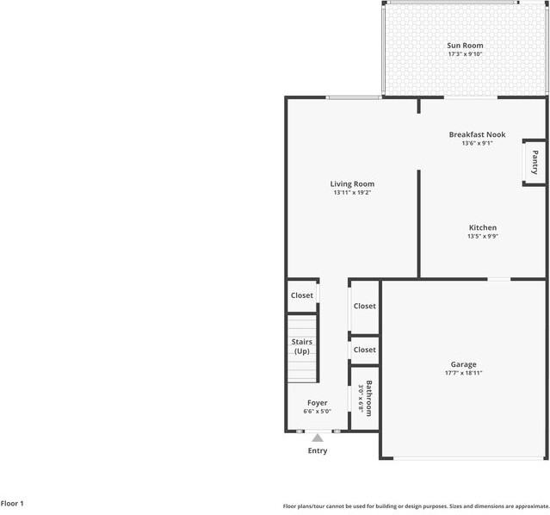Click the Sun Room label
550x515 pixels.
coord(465,46)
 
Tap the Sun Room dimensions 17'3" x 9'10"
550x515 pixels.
coord(465,54)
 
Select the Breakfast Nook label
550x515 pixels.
coord(477,134)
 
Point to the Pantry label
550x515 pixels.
coord(535,163)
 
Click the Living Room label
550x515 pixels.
coord(352,183)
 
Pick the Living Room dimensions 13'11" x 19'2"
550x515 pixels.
coord(352,192)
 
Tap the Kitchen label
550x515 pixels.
coord(482,227)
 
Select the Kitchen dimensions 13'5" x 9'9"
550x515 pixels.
coord(482,236)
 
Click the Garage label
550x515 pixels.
coord(463,364)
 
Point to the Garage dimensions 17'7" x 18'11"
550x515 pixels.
coord(463,373)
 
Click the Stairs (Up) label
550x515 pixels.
coord(302,346)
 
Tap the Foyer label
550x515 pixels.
coord(318,402)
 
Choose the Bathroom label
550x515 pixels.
coord(368,398)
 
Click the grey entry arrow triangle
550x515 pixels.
coord(318,437)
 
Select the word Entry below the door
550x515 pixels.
coord(318,450)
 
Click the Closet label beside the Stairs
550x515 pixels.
coord(302,295)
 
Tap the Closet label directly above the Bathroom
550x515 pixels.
coord(364,350)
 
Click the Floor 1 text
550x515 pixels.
coord(12,503)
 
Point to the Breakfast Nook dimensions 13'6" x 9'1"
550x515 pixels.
coord(477,143)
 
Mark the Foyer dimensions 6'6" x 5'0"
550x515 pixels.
coord(318,411)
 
